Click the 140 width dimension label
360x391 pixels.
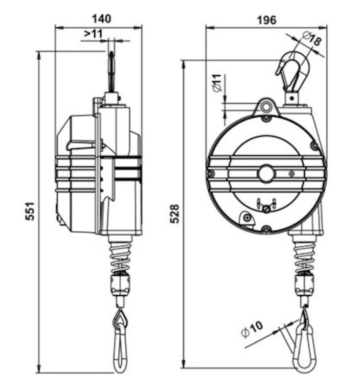pos(101,19)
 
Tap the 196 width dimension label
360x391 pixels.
pos(267,20)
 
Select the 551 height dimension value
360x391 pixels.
pos(30,211)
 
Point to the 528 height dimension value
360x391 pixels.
pos(174,214)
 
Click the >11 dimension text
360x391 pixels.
pos(93,34)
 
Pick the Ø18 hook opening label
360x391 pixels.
pos(312,39)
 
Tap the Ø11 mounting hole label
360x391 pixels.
pos(217,83)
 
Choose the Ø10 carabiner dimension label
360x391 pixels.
pos(252,329)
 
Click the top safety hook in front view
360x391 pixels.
pos(293,71)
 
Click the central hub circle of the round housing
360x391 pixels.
pos(267,173)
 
